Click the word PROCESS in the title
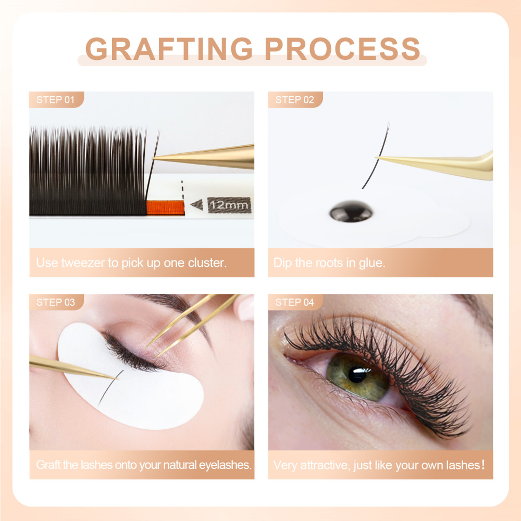(342, 48)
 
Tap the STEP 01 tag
(56, 100)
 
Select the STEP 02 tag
(295, 100)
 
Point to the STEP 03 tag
(56, 302)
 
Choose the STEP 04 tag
(295, 302)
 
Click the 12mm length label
(229, 205)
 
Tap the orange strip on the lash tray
(165, 208)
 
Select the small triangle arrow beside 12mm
(196, 205)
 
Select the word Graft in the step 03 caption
(48, 464)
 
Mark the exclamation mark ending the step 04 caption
(483, 464)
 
